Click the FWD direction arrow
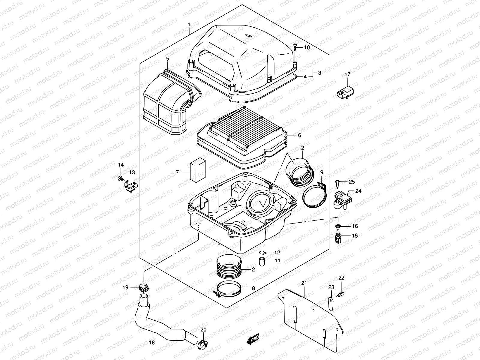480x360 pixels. [x=253, y=339]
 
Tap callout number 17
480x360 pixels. [x=347, y=74]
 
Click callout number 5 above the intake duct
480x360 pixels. [x=168, y=58]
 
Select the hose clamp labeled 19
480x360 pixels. [x=145, y=289]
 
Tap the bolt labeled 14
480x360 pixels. [x=120, y=178]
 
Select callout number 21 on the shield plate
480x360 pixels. [x=304, y=283]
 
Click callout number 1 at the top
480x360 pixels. [x=189, y=24]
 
